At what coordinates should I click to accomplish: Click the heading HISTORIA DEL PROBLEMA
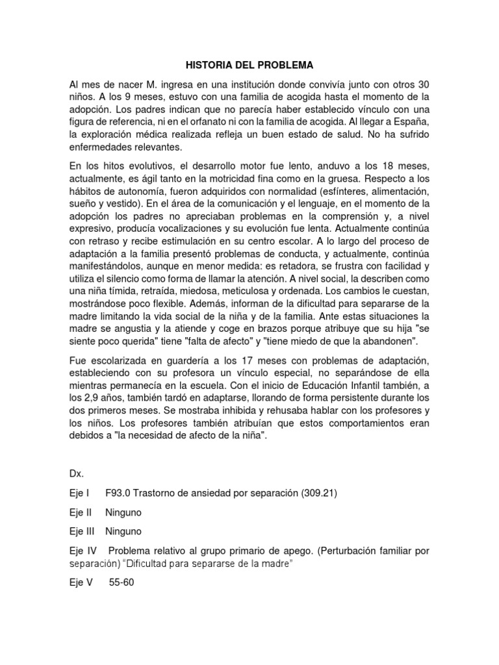click(249, 66)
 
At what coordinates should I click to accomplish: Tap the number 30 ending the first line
click(423, 86)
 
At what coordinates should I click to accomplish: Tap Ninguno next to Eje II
click(123, 512)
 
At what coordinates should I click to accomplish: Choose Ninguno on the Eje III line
click(123, 532)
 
